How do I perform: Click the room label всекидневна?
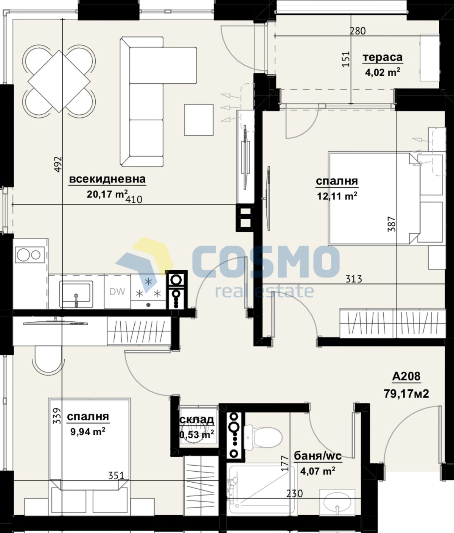coord(107,179)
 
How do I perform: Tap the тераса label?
coord(382,57)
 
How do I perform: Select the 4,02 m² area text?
coord(382,72)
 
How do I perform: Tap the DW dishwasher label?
coord(117,291)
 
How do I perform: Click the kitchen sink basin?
coord(76,294)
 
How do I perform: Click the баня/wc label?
coord(318,456)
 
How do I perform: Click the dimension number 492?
coord(58,164)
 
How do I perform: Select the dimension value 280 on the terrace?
coord(358,31)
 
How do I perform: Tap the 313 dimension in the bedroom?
coord(354,279)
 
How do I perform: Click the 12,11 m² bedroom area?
coord(337,196)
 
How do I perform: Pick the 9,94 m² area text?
coord(88,432)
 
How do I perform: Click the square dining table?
coord(59,81)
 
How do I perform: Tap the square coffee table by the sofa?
coord(199,120)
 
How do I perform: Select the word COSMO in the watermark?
coord(265,262)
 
